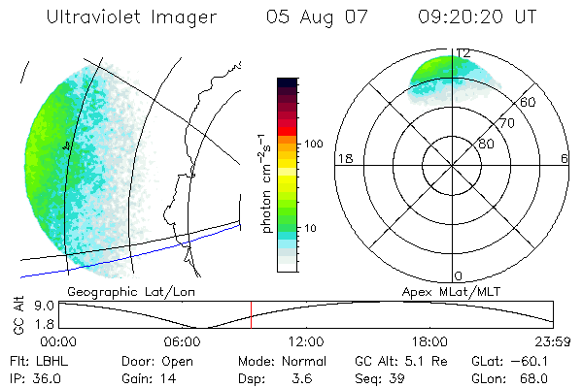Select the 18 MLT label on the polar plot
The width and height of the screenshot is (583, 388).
tap(343, 159)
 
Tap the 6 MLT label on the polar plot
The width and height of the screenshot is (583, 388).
tap(564, 159)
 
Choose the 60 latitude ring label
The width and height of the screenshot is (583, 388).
tap(529, 102)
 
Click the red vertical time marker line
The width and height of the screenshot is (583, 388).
tap(251, 314)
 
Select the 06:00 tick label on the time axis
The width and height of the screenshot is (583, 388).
tap(183, 341)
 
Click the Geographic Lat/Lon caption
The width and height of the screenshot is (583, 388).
tap(117, 290)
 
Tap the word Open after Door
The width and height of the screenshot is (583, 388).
tap(178, 362)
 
